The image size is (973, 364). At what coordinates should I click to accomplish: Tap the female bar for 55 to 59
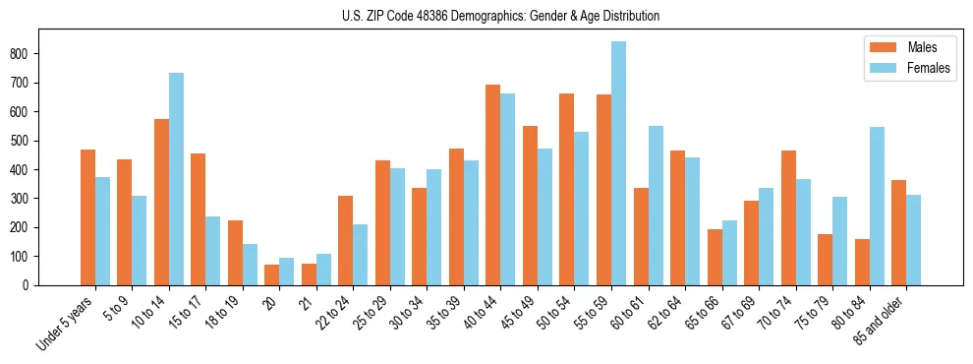pos(618,163)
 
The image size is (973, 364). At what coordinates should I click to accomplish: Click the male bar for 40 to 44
pos(493,185)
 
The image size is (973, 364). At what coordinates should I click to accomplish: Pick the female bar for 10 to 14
pos(176,179)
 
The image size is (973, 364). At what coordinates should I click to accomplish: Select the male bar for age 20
pos(272,274)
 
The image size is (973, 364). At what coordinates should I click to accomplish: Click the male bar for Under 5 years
pos(87,217)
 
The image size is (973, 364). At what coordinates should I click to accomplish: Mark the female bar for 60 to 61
pos(656,206)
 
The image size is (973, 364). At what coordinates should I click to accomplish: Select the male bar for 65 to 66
pos(715,257)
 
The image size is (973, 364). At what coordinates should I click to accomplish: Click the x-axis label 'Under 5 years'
pos(67,324)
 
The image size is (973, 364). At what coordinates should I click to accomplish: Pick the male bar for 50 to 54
pos(567,189)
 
